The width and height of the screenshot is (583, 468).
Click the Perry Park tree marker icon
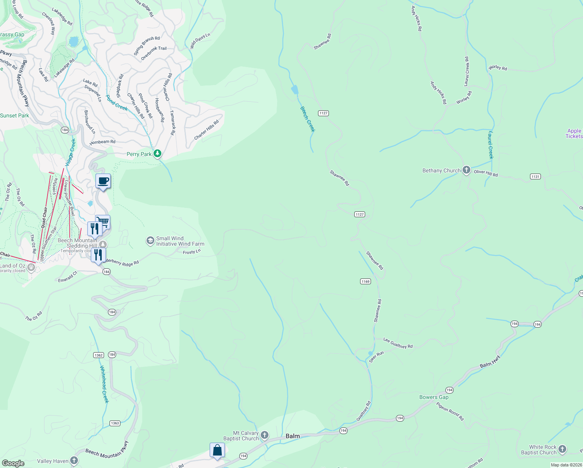click(x=157, y=154)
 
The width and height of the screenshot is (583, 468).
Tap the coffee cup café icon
click(x=103, y=181)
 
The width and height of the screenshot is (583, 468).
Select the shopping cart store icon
click(x=103, y=222)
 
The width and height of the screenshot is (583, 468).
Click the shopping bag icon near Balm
click(x=217, y=450)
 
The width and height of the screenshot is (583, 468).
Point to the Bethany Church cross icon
click(x=466, y=170)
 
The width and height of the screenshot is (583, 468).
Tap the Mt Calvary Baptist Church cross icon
click(x=265, y=435)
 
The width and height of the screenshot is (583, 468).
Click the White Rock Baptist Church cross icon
click(x=562, y=449)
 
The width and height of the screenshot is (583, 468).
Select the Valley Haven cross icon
click(x=74, y=461)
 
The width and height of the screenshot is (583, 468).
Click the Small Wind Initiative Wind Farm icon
click(x=150, y=241)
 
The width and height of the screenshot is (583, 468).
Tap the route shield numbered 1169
click(x=365, y=282)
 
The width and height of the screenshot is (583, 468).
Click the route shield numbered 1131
click(x=535, y=177)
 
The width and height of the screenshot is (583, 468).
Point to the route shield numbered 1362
click(x=99, y=355)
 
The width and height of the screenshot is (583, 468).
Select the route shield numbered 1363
click(x=115, y=423)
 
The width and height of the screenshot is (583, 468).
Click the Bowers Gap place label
click(x=434, y=397)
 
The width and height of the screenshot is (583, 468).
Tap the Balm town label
click(x=293, y=436)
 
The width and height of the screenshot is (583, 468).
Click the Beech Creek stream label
click(x=307, y=119)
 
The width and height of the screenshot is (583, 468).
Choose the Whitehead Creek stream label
click(x=104, y=384)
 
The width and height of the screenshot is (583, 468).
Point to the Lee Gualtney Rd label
click(x=397, y=343)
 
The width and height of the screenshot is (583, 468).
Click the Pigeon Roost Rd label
click(x=450, y=411)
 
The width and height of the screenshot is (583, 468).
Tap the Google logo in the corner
click(x=13, y=463)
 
